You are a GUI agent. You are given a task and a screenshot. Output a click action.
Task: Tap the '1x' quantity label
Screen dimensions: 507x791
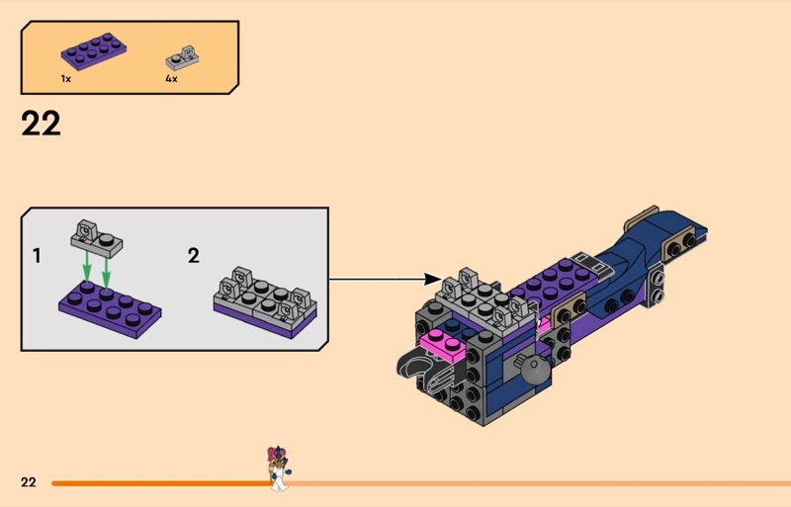point(65,78)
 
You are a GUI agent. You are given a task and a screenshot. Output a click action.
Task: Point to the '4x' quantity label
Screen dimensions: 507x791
point(171,78)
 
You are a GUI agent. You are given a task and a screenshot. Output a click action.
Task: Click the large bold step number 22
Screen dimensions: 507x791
point(40,124)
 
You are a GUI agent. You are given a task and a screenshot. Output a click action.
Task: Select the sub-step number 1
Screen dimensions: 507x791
point(37,256)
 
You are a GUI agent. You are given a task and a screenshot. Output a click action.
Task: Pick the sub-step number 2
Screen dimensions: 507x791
point(194,256)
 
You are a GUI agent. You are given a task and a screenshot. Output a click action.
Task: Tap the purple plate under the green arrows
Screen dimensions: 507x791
point(109,302)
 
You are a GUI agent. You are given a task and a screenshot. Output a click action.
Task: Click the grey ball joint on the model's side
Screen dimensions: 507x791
point(535,370)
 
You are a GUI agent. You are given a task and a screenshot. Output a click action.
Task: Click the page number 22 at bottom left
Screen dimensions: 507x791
point(29,482)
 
